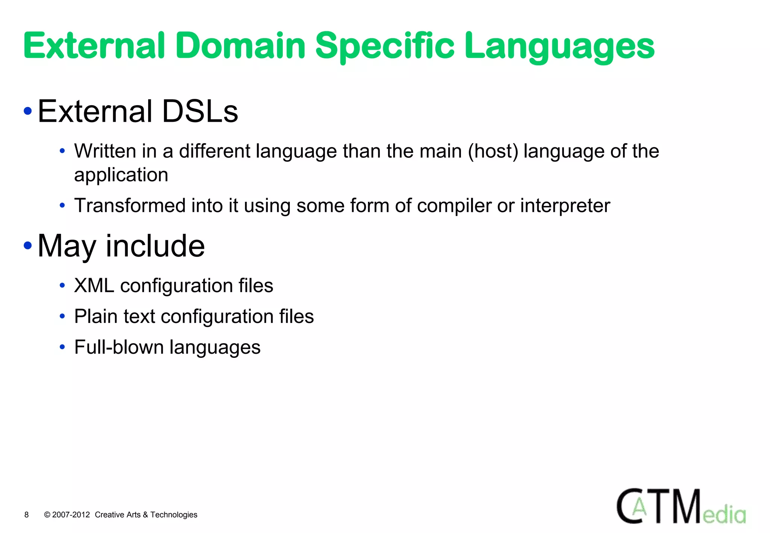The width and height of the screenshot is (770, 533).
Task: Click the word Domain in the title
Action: point(240,46)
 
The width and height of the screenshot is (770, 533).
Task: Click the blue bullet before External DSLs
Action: point(27,111)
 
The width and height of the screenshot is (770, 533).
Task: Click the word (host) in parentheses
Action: point(493,151)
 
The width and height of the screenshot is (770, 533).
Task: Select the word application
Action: point(121,175)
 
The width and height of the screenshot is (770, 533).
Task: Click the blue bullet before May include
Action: point(27,246)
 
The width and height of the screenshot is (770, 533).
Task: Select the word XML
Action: point(94,285)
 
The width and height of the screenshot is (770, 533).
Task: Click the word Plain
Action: point(95,316)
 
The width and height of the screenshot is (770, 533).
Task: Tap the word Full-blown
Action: point(118,347)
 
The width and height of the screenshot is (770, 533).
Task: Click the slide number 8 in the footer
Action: point(26,515)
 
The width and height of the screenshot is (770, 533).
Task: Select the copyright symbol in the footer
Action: point(47,515)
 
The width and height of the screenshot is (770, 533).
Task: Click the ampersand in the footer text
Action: point(145,515)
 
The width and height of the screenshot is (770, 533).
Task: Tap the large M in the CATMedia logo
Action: point(685,506)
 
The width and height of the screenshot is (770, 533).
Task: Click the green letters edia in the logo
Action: point(724,515)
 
